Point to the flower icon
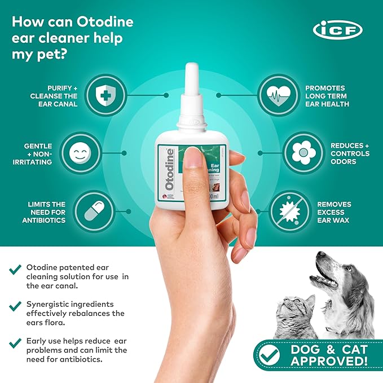(x=303, y=152)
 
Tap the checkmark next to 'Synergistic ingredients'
(x=16, y=306)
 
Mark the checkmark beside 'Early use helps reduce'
(x=16, y=342)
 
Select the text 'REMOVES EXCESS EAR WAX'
(x=334, y=212)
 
